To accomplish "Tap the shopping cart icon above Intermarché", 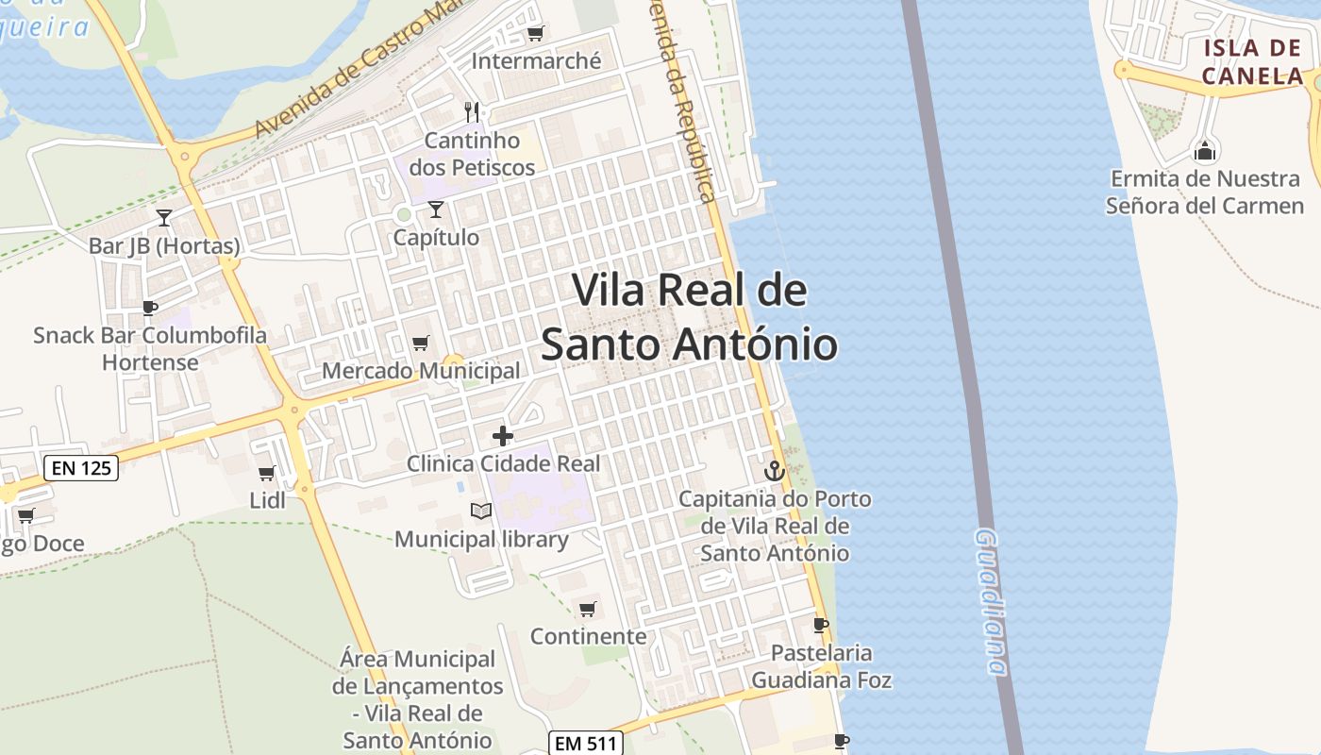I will point(535,34).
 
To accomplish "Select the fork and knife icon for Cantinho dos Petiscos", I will point(472,112).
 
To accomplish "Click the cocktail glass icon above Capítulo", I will point(435,209).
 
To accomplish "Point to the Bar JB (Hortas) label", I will point(164,246).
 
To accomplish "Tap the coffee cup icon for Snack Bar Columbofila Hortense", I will point(149,307).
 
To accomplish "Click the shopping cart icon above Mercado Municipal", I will point(421,343).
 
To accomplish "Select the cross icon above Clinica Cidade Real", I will point(503,435).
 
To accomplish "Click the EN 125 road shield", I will point(81,467).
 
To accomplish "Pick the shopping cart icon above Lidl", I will point(267,473).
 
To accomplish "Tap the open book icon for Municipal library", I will point(481,511).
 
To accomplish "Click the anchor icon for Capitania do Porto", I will point(774,470).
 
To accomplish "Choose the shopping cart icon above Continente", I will point(588,609).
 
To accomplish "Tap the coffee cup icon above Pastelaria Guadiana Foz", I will point(821,625).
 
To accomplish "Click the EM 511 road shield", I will point(585,743).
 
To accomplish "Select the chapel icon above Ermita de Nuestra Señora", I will point(1205,150).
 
